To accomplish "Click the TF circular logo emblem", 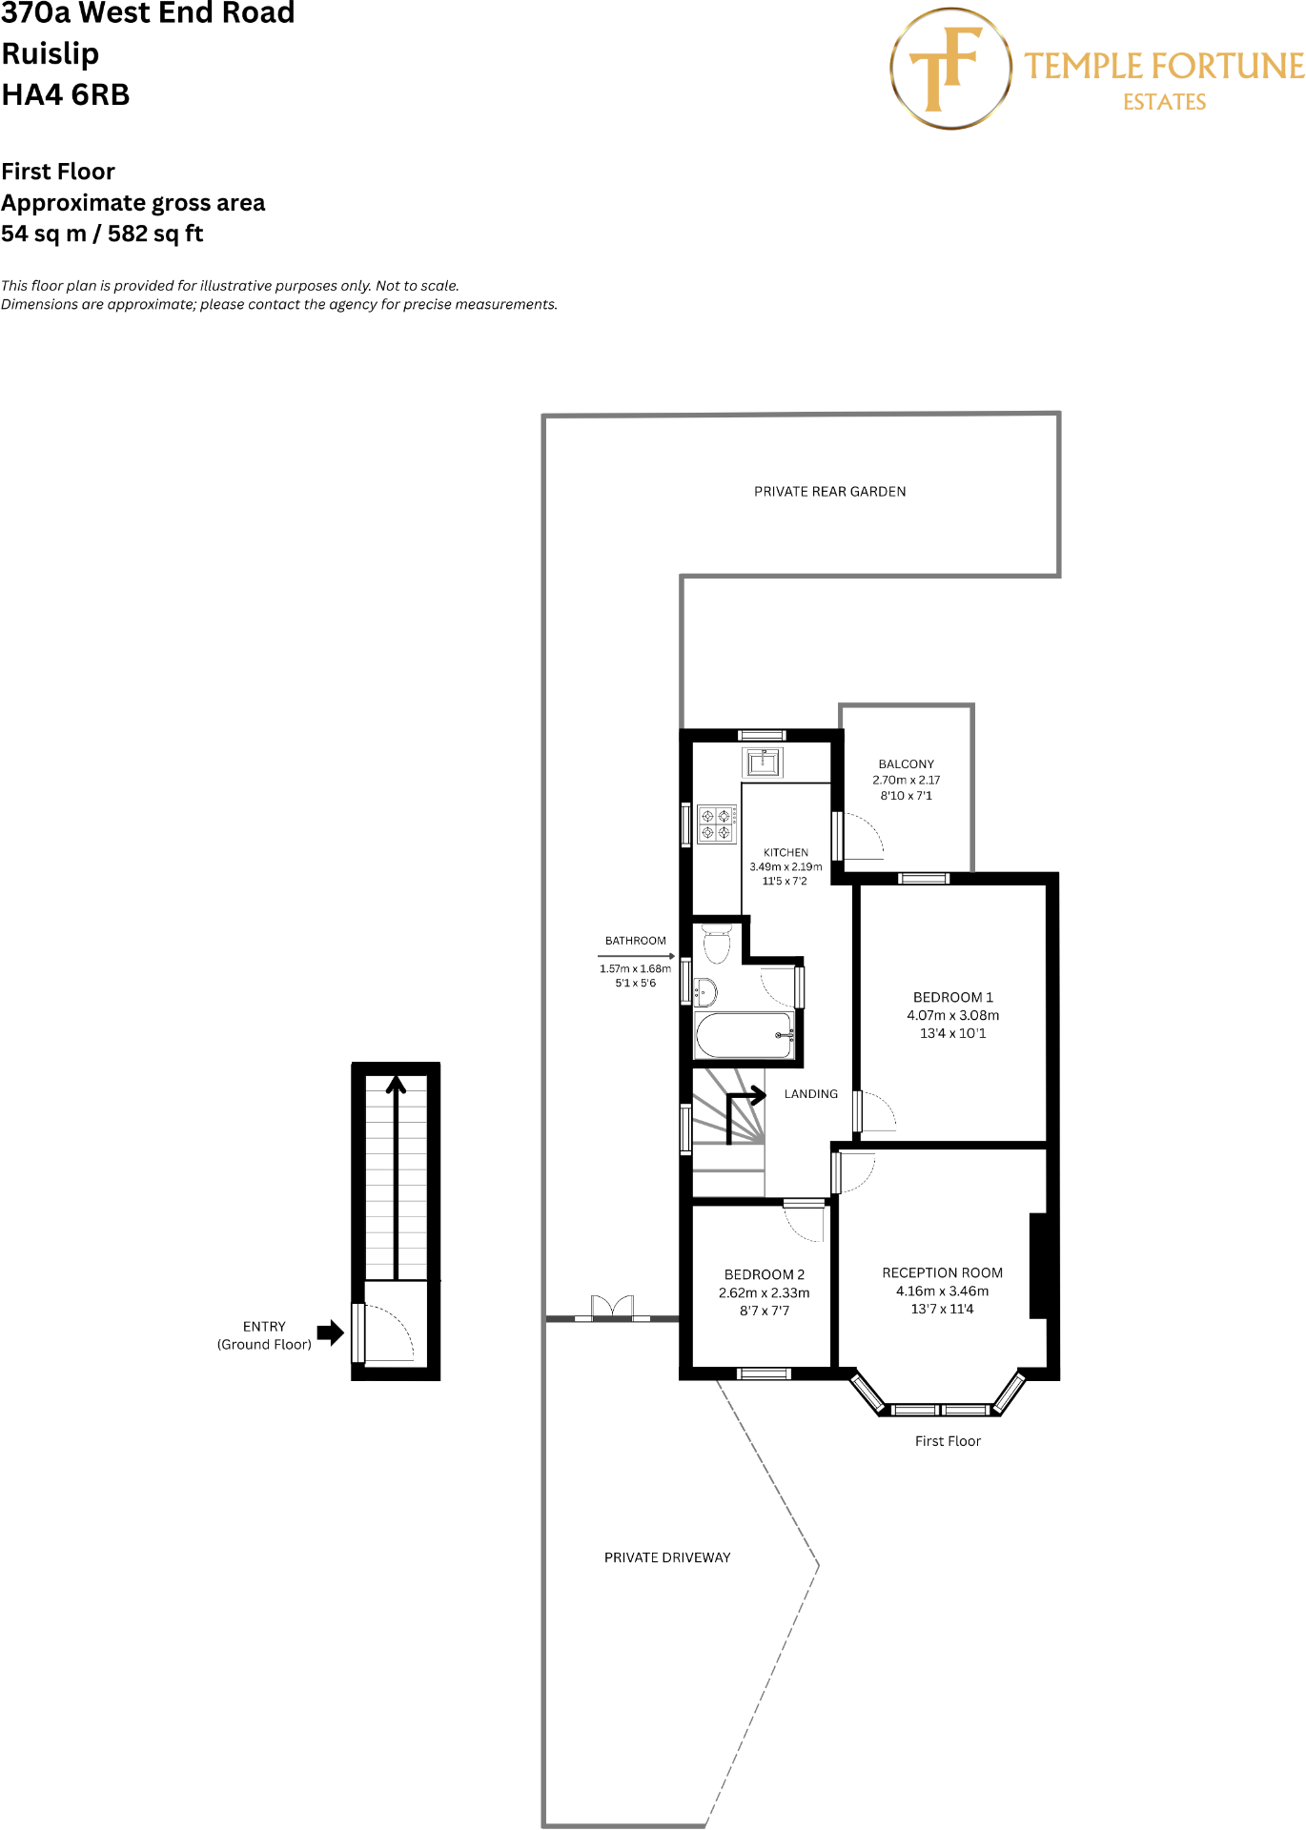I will [950, 69].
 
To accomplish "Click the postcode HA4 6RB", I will [65, 95].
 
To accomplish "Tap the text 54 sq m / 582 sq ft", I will [102, 234].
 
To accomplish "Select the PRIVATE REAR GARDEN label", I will [829, 492].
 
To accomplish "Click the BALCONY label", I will [906, 764].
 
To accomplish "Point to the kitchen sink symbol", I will [763, 762].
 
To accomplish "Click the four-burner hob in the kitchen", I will [716, 824].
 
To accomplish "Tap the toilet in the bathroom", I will [716, 944].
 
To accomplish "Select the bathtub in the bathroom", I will [745, 1035].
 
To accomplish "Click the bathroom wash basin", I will [704, 992].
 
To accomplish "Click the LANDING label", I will [810, 1094].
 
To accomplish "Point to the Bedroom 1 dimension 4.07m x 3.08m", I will [952, 1016].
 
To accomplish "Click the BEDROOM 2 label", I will [764, 1275].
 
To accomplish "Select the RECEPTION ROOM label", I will [942, 1273].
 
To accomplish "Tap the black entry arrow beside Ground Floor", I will [330, 1332].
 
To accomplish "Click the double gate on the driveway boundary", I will [612, 1308].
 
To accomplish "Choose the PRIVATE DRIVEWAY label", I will [667, 1557].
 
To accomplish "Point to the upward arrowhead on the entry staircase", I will [396, 1084].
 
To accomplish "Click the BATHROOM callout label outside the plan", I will [635, 941].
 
